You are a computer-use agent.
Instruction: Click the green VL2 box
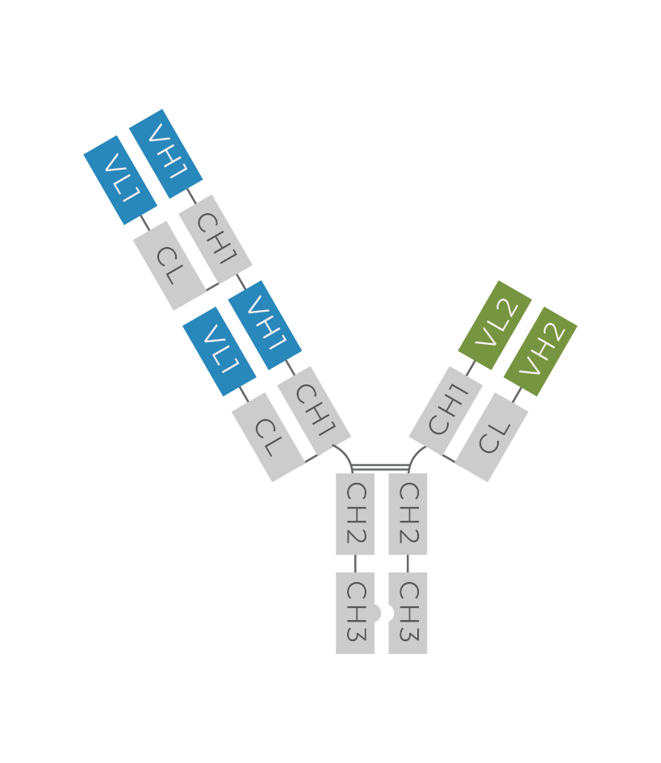tap(495, 325)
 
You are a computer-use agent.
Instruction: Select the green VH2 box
tap(541, 351)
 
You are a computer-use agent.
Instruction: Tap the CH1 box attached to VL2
tap(446, 411)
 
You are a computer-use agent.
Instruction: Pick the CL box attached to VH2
tap(492, 437)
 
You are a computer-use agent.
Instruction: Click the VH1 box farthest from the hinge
tap(166, 153)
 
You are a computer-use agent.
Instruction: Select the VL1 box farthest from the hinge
tap(120, 180)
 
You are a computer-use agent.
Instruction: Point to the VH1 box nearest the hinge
tap(265, 325)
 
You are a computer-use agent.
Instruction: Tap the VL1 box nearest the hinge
tap(220, 351)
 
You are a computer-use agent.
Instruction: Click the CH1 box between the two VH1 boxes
tap(215, 240)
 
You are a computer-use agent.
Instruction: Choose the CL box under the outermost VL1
tap(169, 266)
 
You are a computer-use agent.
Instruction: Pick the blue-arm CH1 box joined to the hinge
tap(314, 411)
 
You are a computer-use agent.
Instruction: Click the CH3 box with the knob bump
tap(357, 613)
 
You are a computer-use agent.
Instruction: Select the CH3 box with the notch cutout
tap(408, 613)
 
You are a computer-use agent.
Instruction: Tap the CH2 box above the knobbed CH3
tap(355, 514)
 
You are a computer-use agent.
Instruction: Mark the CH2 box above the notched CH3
tap(408, 514)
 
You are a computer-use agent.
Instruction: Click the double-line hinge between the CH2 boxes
tap(380, 468)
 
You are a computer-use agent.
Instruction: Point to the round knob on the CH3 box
tap(378, 613)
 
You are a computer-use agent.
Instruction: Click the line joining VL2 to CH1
tap(471, 368)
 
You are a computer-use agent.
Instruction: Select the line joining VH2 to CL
tap(517, 395)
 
